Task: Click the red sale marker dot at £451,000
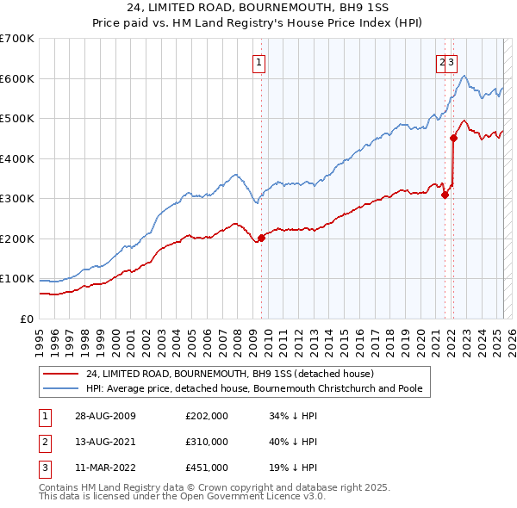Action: pos(453,137)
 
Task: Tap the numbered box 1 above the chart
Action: pos(258,61)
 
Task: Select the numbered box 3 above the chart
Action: pos(452,61)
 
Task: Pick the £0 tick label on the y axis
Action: pos(27,319)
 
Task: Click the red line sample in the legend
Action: pos(62,375)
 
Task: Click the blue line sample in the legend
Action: pos(62,388)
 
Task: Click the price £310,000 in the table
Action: pos(206,442)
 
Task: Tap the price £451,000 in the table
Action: pos(206,468)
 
